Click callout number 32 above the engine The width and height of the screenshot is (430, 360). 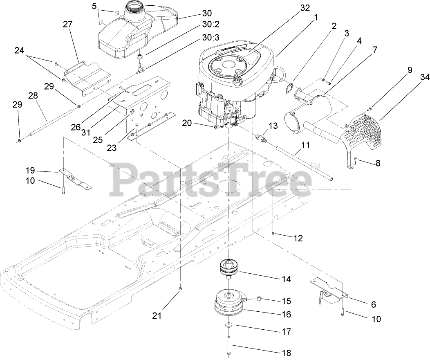pos(305,8)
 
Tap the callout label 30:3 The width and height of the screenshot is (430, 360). pos(210,38)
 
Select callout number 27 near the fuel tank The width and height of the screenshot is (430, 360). pos(67,24)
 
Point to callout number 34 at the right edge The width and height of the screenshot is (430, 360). pos(423,77)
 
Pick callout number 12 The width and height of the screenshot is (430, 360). pos(298,238)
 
